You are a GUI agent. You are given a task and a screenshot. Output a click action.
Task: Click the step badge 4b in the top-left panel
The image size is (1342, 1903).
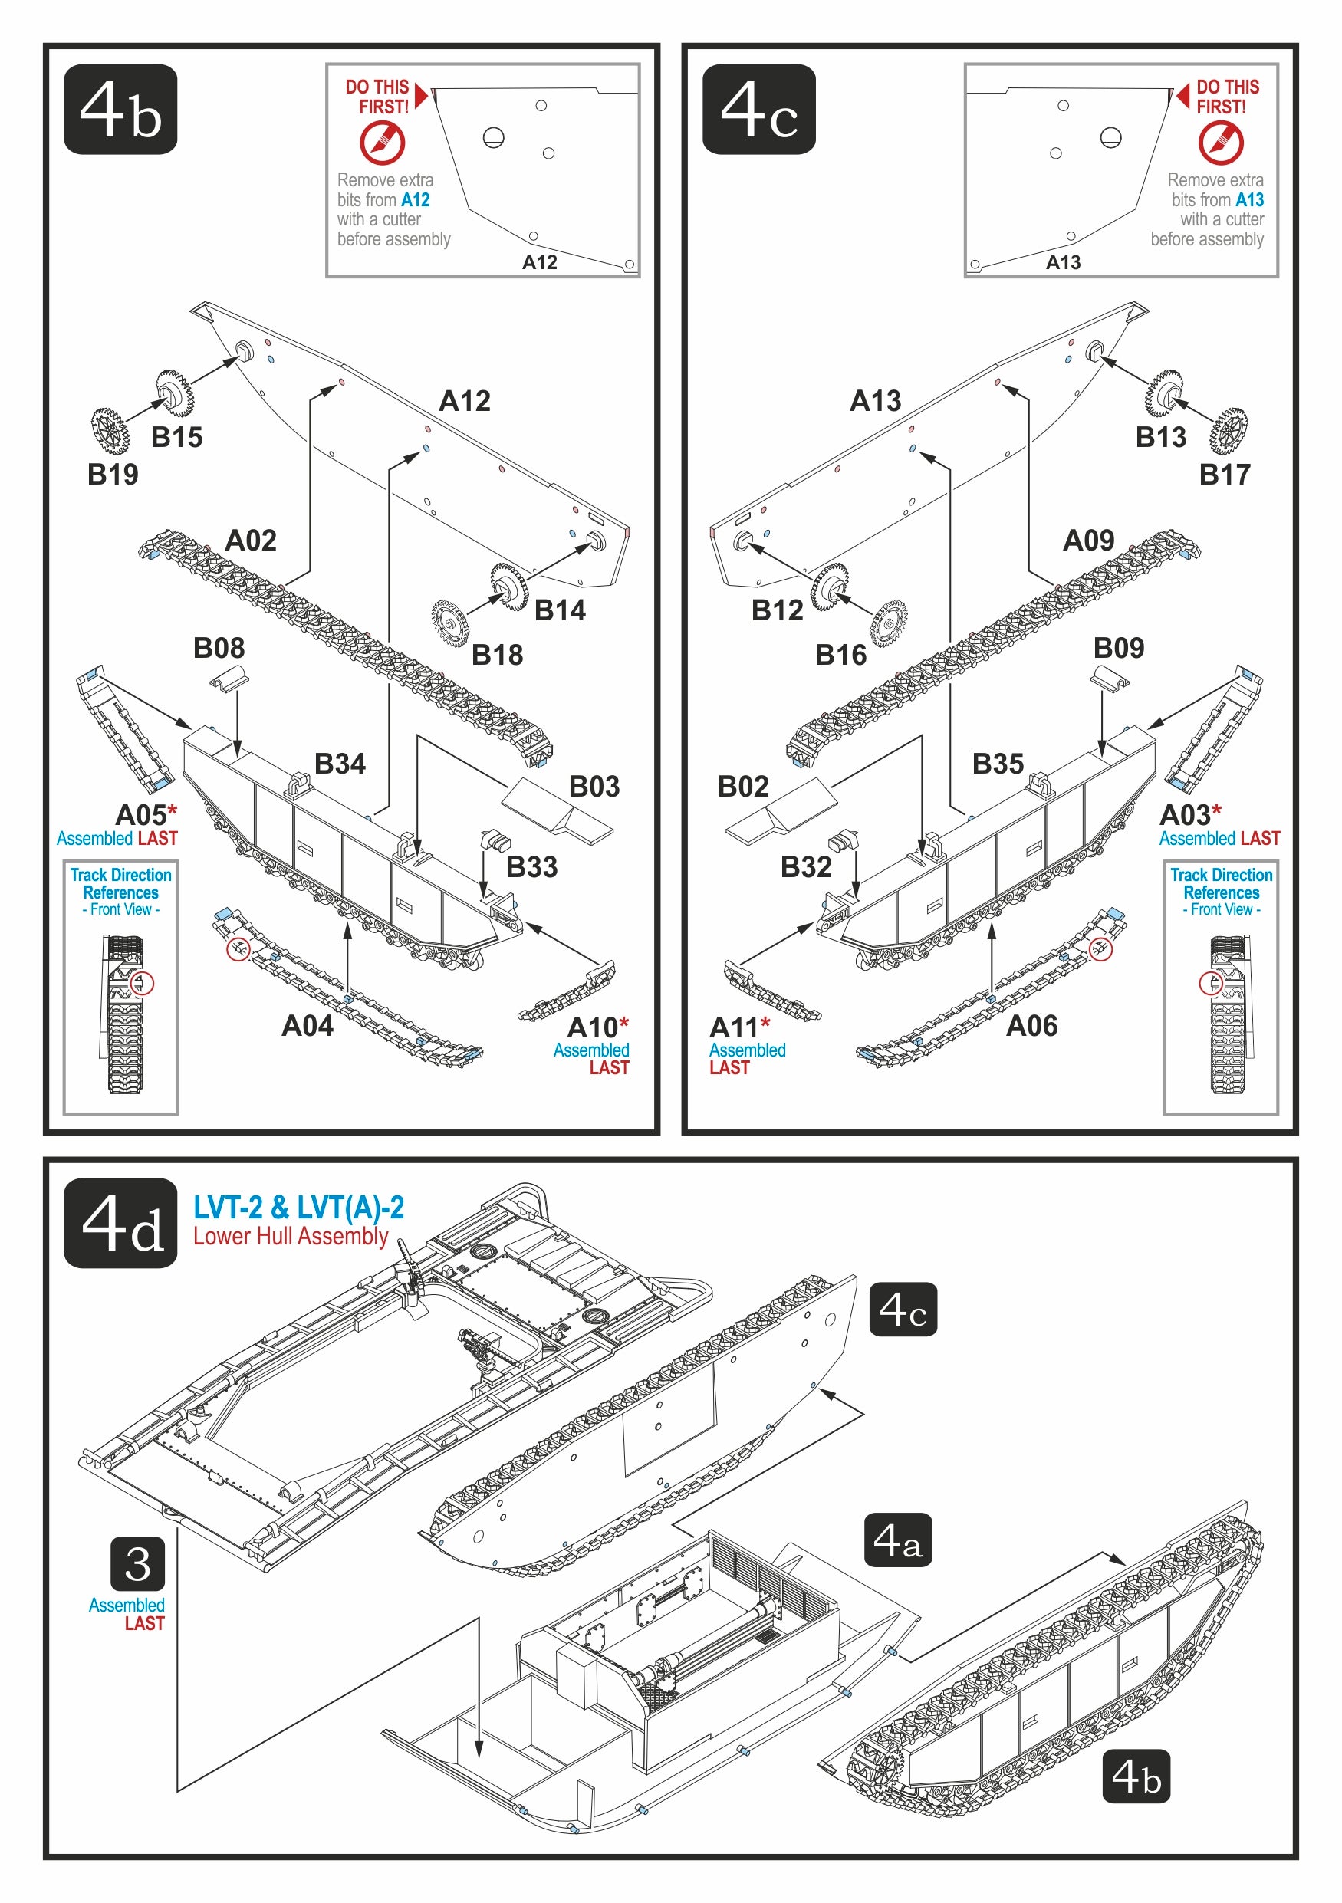[120, 110]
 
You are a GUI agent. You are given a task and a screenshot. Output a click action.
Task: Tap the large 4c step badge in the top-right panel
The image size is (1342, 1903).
[758, 110]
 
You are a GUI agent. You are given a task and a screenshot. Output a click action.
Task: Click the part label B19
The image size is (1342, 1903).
[113, 474]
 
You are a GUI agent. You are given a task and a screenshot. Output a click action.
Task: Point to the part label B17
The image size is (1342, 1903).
[1225, 474]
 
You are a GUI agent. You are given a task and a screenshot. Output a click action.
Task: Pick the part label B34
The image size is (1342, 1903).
[340, 764]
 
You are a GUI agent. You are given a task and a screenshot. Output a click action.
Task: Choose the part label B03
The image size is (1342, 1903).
[594, 786]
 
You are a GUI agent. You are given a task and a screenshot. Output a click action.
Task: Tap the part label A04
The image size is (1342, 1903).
[307, 1025]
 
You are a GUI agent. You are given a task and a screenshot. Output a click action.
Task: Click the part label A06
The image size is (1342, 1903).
[1031, 1025]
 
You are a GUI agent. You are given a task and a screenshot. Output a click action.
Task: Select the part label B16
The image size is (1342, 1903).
[840, 655]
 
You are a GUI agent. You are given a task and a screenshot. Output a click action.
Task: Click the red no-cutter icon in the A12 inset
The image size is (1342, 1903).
[382, 143]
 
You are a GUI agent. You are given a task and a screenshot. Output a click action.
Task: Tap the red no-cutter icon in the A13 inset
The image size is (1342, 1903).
[1220, 143]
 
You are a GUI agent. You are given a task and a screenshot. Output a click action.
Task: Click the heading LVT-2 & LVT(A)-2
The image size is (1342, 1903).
[298, 1208]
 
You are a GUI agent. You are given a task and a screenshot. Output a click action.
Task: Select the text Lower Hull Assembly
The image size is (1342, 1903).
[290, 1236]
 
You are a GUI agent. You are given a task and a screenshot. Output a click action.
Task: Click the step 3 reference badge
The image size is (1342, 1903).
[137, 1563]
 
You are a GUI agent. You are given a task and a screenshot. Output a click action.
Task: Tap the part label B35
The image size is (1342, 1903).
[998, 764]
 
